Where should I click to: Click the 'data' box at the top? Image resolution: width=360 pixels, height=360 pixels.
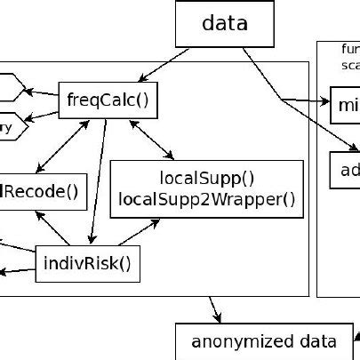pos(225,23)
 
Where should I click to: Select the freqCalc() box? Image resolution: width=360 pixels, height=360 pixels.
pos(108,100)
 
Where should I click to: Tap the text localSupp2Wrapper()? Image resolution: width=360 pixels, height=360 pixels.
pos(206,199)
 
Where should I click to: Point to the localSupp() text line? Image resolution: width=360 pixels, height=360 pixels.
pos(206,177)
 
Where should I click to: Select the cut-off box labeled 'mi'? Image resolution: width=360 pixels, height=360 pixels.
pos(345,106)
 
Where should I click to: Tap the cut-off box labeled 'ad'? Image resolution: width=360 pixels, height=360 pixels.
pos(345,171)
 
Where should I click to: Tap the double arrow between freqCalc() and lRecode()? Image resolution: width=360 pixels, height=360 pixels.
pos(62,145)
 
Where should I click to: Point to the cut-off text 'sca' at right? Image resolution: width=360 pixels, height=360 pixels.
pos(350,65)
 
